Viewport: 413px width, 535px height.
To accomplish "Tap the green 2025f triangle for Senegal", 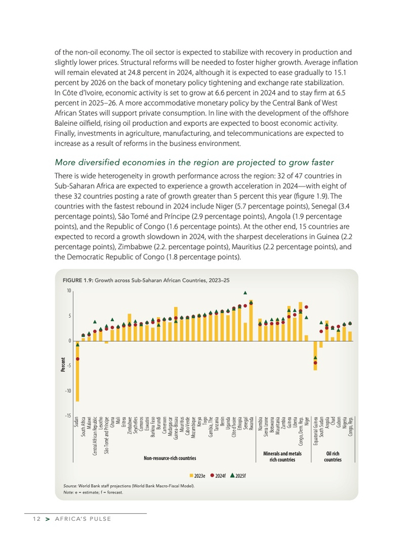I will [x=245, y=292].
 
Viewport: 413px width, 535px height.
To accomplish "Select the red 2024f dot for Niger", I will [x=306, y=308].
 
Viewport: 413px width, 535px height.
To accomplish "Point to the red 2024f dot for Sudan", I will [x=77, y=359].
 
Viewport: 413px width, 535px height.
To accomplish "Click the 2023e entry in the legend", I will [x=197, y=475].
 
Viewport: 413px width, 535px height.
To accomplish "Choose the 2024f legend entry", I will [x=218, y=475].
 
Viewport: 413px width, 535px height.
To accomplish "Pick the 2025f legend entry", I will [x=238, y=475].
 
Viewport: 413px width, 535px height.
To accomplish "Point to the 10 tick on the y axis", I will [x=68, y=291].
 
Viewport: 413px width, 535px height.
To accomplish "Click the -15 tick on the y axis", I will [x=68, y=416].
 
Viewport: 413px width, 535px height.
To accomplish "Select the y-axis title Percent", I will [x=62, y=365].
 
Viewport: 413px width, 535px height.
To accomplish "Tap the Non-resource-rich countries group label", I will [x=170, y=458].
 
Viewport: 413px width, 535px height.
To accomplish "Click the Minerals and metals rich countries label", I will [x=282, y=456].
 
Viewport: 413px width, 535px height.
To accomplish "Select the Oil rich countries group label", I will [x=333, y=456].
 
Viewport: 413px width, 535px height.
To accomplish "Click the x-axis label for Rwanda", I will [x=251, y=424].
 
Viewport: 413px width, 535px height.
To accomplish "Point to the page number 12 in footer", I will [x=37, y=519].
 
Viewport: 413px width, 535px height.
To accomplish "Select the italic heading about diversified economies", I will [x=194, y=162].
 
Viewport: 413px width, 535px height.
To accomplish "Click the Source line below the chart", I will [x=129, y=486].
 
